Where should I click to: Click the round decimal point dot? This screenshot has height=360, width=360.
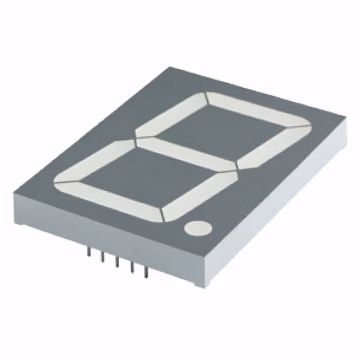coord(196,227)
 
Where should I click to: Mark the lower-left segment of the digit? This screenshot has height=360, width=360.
coord(93,165)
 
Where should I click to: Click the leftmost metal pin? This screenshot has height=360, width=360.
coord(89,253)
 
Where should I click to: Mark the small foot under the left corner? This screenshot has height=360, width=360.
coord(20,222)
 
